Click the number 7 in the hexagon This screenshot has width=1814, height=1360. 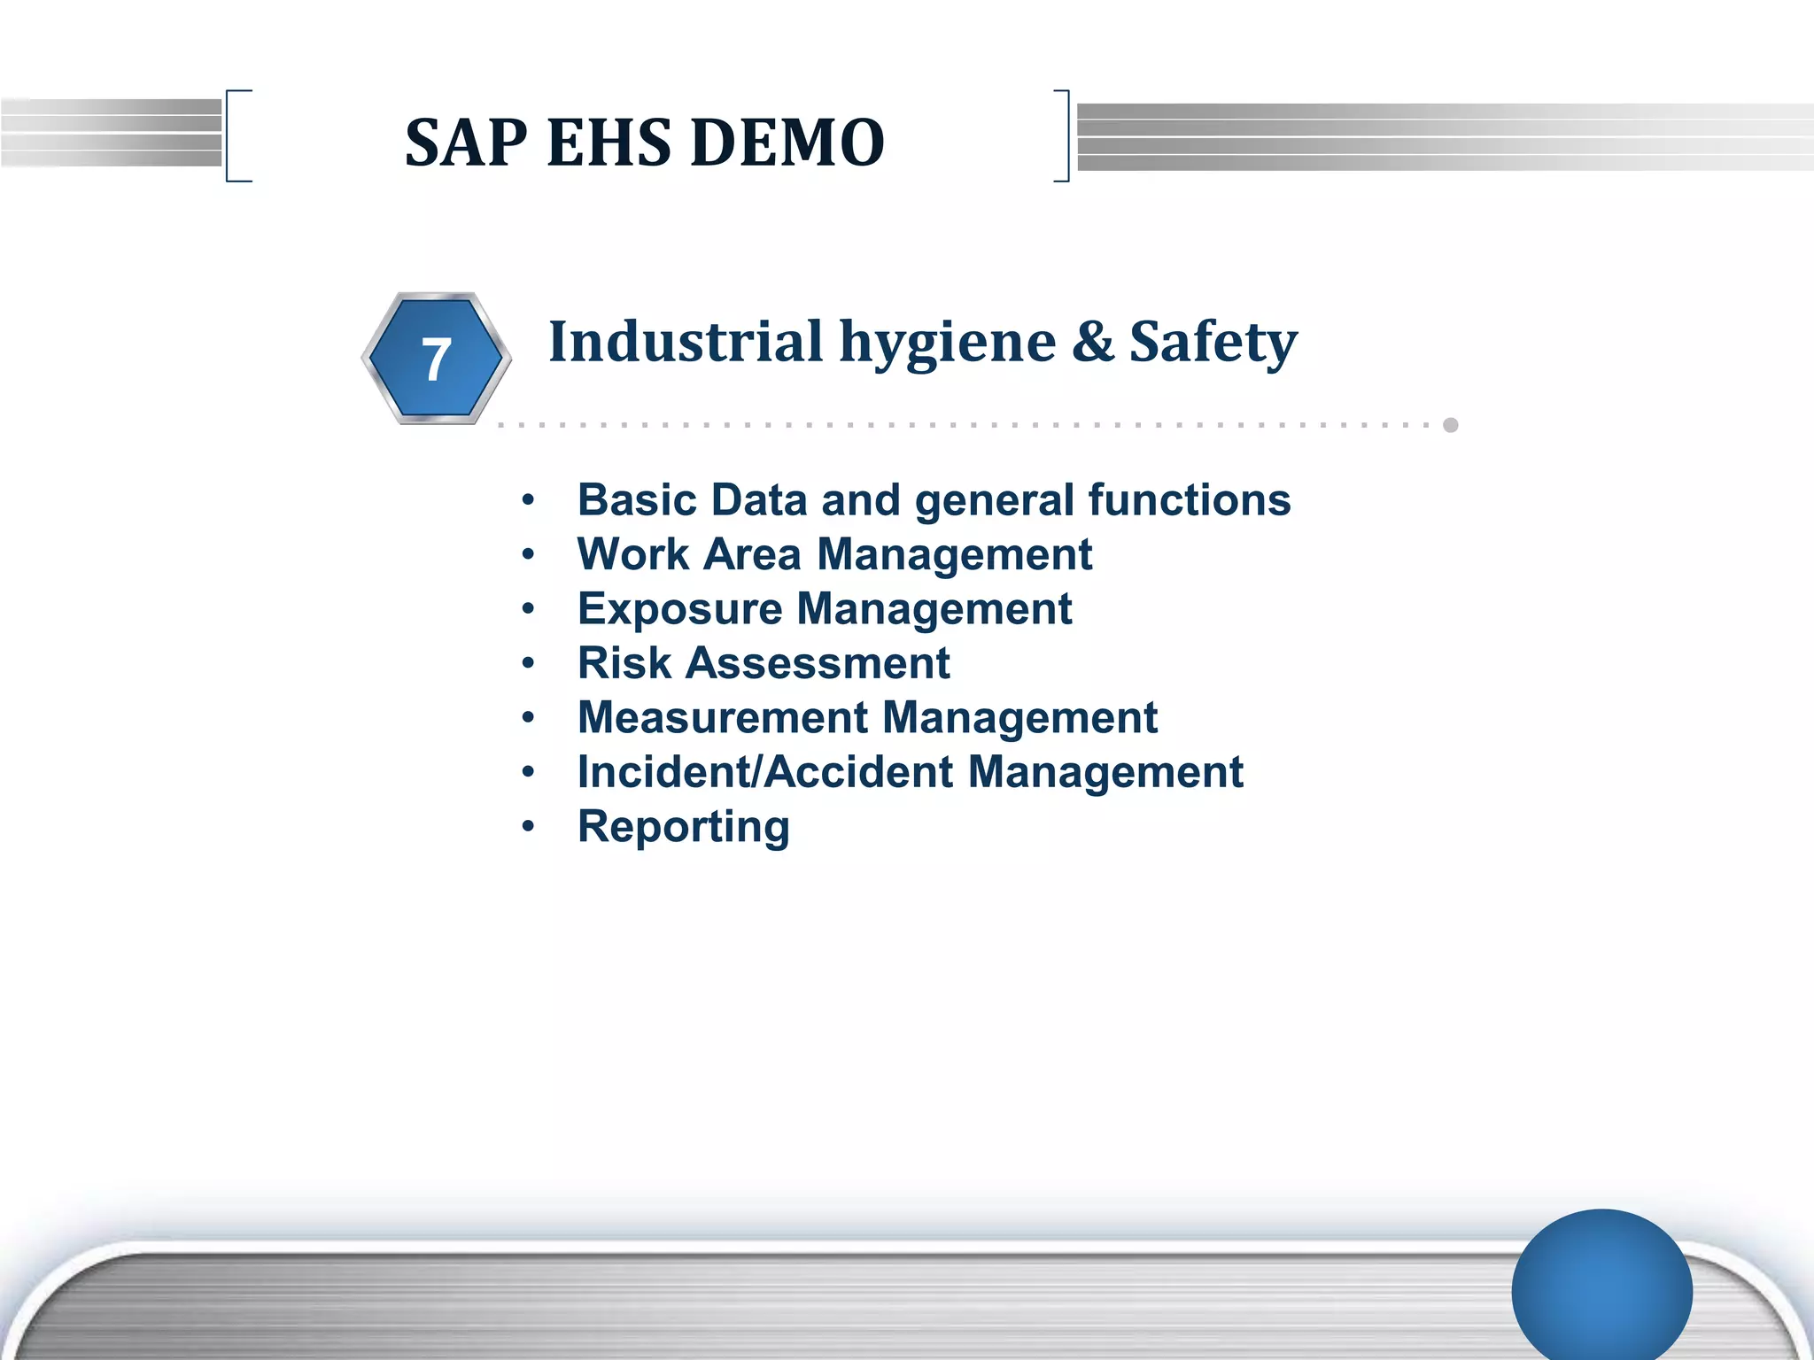(435, 360)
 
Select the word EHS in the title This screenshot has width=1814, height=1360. (609, 143)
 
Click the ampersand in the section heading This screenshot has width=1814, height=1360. (1093, 341)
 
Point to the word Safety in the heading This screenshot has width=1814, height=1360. (1213, 343)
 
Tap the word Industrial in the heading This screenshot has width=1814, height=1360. (686, 341)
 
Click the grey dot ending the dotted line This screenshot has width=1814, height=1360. (1451, 425)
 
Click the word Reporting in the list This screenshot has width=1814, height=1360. (683, 827)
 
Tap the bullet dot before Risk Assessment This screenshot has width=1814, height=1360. (529, 663)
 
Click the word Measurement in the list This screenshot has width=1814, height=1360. (722, 717)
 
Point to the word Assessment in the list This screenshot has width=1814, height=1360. (818, 663)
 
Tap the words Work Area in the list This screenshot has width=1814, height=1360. (688, 555)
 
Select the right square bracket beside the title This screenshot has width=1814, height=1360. (1062, 135)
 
